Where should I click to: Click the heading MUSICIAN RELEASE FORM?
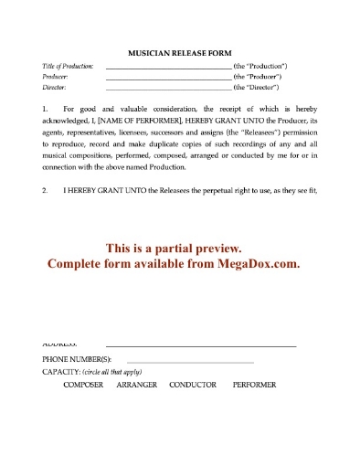pos(179,53)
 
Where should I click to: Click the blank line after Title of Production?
pos(169,69)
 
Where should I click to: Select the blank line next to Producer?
pos(169,79)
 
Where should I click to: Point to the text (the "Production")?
pos(262,67)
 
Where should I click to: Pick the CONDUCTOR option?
pos(193,385)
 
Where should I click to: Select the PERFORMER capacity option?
pos(254,385)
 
